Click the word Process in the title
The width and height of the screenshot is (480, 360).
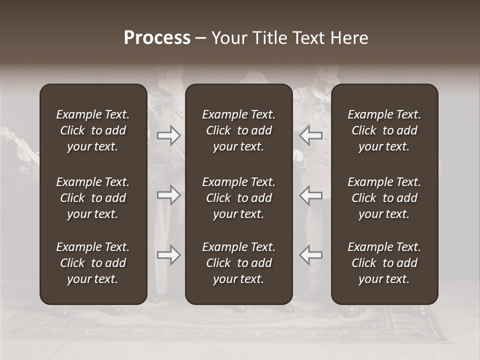coord(157,38)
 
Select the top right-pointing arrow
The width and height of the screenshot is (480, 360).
coord(168,135)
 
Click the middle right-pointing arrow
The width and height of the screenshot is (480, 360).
coord(168,195)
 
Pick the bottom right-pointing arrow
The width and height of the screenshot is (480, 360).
coord(168,255)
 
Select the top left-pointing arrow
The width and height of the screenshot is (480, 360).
coord(311,135)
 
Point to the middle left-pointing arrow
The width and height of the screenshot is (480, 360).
coord(311,195)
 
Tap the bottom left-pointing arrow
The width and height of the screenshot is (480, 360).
coord(311,255)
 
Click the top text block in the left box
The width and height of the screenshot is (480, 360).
coord(93,130)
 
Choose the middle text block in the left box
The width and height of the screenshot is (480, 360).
coord(93,198)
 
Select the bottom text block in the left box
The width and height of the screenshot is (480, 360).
coord(93,263)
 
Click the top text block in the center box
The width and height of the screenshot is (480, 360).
coord(238,130)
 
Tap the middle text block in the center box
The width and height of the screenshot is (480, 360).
coord(238,198)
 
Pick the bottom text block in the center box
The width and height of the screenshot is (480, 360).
coord(238,263)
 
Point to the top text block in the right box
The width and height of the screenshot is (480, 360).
coord(384,130)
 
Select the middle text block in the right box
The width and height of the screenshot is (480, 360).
coord(384,198)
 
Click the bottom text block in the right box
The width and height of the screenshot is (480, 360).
coord(384,263)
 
